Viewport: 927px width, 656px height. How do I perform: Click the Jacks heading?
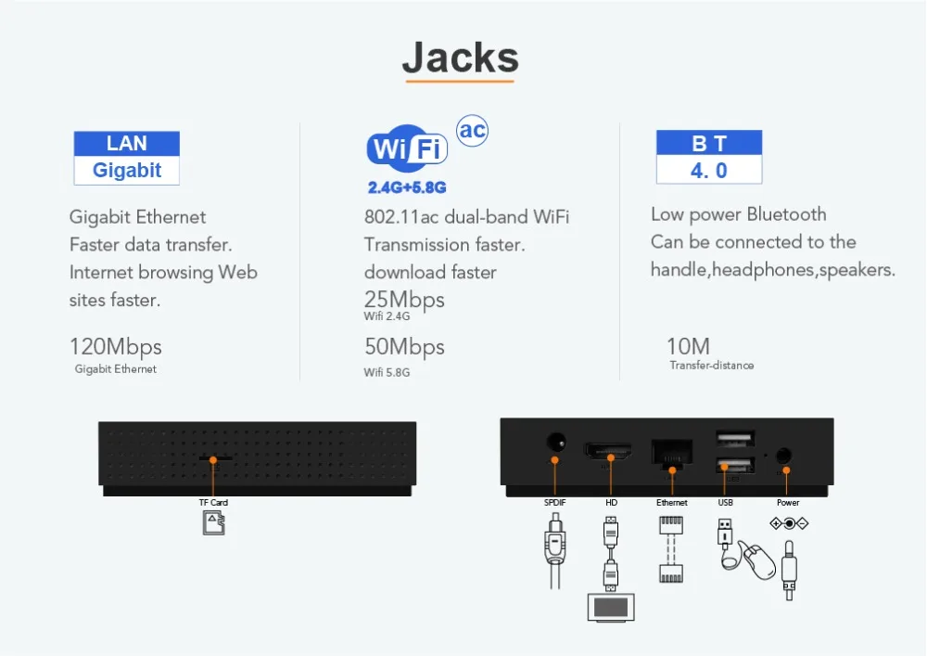[460, 58]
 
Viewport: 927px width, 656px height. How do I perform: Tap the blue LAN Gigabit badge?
[126, 158]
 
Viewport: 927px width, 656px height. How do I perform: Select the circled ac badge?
[473, 130]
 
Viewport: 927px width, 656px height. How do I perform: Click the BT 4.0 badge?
[709, 157]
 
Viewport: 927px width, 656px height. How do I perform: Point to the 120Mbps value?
[115, 347]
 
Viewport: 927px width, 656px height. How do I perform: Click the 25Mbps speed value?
[404, 300]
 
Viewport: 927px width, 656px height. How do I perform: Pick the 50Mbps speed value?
[404, 347]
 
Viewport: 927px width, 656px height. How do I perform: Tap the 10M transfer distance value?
[688, 346]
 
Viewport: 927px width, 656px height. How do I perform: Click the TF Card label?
[213, 502]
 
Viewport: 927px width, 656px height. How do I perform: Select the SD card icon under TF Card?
[214, 523]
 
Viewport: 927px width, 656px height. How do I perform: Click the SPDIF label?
[555, 502]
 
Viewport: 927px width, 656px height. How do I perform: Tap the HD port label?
[611, 502]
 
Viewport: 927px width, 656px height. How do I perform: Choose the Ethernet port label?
[671, 502]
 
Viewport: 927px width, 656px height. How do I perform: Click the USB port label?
[726, 502]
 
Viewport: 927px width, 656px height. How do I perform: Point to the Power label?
[788, 502]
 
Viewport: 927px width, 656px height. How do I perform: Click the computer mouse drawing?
[758, 560]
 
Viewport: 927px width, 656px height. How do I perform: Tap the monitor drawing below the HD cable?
[611, 608]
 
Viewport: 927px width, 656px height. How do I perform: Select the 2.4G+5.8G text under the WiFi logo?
[407, 187]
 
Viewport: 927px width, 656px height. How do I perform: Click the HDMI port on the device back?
[608, 451]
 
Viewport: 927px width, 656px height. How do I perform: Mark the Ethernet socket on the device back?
[671, 453]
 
